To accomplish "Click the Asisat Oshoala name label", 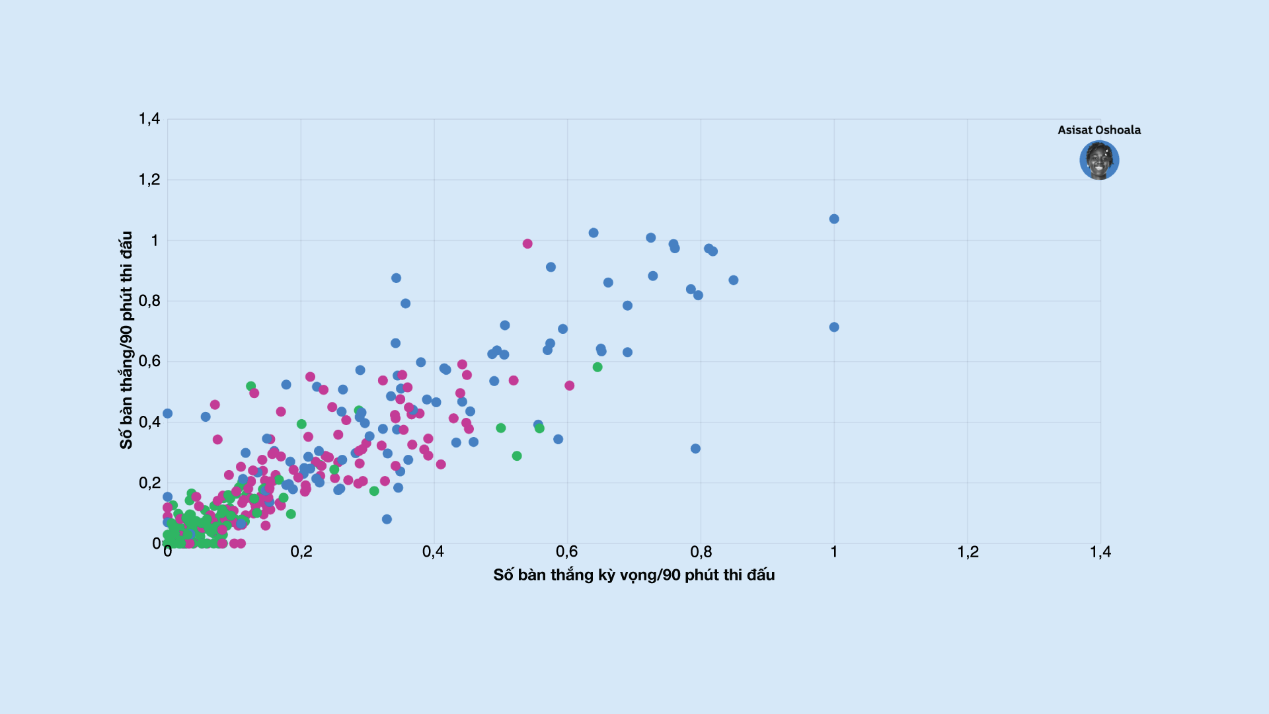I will click(x=1098, y=130).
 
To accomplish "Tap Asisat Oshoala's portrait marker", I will click(x=1099, y=160).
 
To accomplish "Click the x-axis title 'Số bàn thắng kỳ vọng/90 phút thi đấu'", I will click(x=634, y=575).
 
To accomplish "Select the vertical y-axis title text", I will click(x=126, y=340).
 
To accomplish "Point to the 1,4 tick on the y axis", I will click(x=149, y=119).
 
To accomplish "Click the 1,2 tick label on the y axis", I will click(x=149, y=180).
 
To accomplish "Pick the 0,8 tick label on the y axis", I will click(x=149, y=301).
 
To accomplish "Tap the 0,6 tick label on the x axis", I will click(x=566, y=552).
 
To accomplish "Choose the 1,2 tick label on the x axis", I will click(x=968, y=552).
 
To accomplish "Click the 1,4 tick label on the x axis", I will click(x=1100, y=552).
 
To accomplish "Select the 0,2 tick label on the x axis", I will click(x=301, y=552).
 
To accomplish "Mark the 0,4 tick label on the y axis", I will click(x=149, y=422).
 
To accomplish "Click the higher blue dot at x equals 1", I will click(x=834, y=219).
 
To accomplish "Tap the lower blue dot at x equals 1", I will click(x=834, y=327).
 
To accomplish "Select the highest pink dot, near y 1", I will click(x=527, y=244).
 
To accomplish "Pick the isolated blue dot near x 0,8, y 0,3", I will click(x=695, y=449).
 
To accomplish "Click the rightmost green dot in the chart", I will click(x=597, y=367).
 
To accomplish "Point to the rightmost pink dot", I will click(x=570, y=385).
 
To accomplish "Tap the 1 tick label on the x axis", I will click(x=834, y=552).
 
